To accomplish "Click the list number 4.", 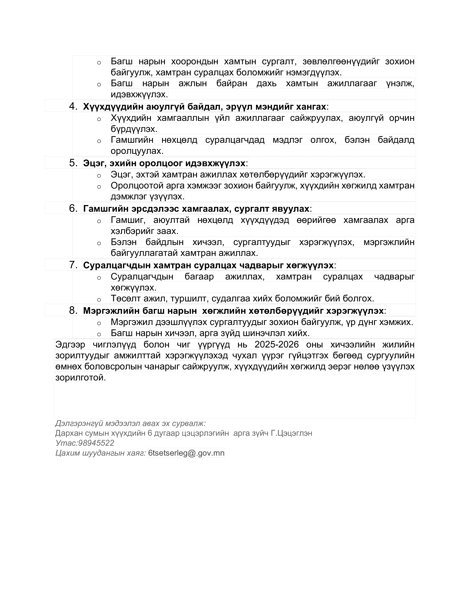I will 73,106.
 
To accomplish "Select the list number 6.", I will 73,208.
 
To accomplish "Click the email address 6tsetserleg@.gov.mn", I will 186,453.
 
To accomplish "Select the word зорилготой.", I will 81,378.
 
